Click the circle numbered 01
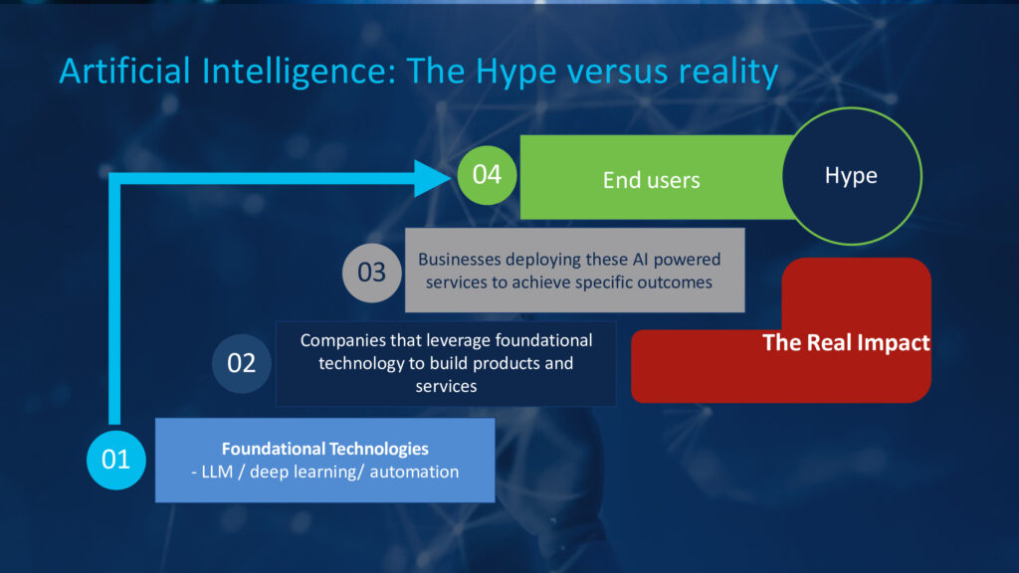[x=116, y=460]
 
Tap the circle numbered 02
[x=241, y=363]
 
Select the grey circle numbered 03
[x=372, y=273]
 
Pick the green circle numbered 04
[x=487, y=175]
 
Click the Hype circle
[x=852, y=176]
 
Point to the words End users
[x=651, y=180]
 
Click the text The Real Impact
[x=846, y=342]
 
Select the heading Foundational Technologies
[x=325, y=449]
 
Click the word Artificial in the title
[x=124, y=71]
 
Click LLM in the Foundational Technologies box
[x=217, y=472]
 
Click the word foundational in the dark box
[x=544, y=340]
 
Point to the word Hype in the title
[x=516, y=73]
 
